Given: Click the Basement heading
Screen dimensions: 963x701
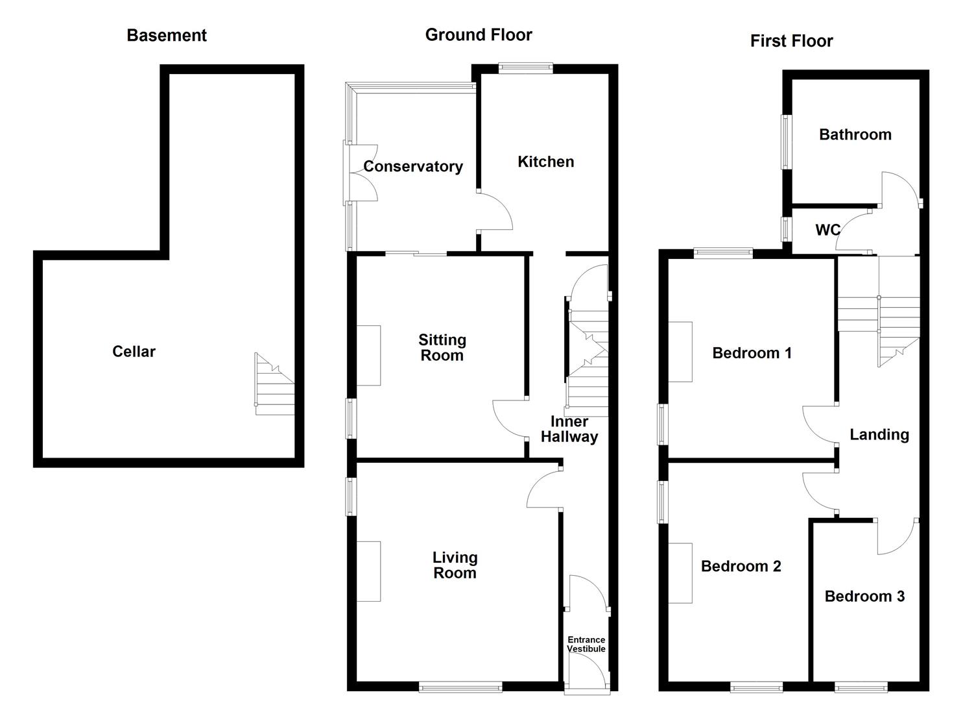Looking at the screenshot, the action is pyautogui.click(x=167, y=35).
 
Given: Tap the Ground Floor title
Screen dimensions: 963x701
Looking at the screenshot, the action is pyautogui.click(x=479, y=35).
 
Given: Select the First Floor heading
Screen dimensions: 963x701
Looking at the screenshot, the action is pyautogui.click(x=791, y=41).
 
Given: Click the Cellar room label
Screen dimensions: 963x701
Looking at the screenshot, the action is pyautogui.click(x=134, y=352).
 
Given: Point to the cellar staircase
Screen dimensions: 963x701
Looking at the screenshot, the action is pyautogui.click(x=275, y=384).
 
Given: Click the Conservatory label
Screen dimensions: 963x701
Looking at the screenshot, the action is pyautogui.click(x=413, y=166).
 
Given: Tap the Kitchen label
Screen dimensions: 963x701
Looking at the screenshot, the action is pyautogui.click(x=545, y=162).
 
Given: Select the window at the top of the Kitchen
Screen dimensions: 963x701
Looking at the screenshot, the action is pyautogui.click(x=526, y=67).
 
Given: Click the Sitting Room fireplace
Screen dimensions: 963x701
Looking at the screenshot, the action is pyautogui.click(x=369, y=356).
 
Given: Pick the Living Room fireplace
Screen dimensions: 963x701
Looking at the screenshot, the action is pyautogui.click(x=369, y=571).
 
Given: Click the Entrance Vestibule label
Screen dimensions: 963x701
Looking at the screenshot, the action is pyautogui.click(x=586, y=644).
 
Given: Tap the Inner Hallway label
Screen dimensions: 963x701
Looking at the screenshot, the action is pyautogui.click(x=569, y=429).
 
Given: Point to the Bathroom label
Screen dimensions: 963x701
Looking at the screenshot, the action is pyautogui.click(x=855, y=135).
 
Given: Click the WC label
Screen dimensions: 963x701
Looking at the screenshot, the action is pyautogui.click(x=827, y=230).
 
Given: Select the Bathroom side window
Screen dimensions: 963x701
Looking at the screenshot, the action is pyautogui.click(x=787, y=142).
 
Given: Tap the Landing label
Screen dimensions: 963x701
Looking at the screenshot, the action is pyautogui.click(x=879, y=435).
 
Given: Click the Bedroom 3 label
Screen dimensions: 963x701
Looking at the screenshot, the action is pyautogui.click(x=864, y=596).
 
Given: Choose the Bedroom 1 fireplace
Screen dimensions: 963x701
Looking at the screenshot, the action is pyautogui.click(x=680, y=352).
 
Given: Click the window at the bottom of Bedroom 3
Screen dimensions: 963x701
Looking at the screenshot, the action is pyautogui.click(x=861, y=687).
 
